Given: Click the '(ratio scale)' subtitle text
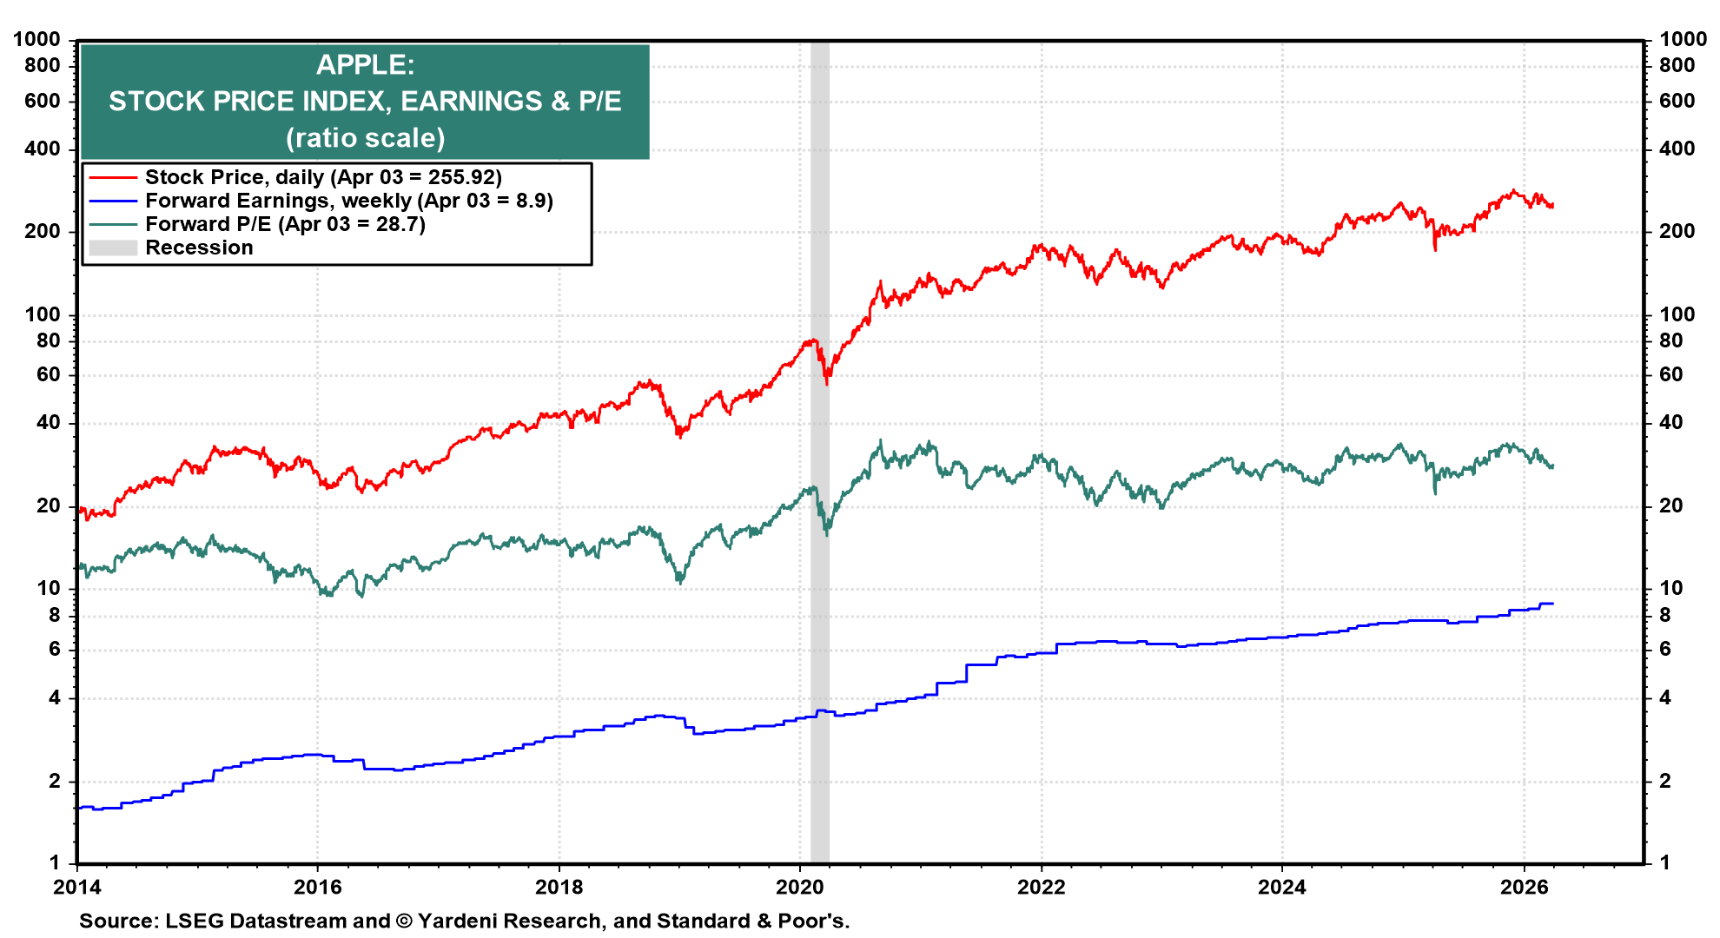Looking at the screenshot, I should tap(365, 138).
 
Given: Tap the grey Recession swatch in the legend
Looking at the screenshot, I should tap(113, 248).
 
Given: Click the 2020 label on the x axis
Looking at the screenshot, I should tap(799, 887).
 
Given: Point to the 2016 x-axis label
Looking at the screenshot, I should tap(317, 887).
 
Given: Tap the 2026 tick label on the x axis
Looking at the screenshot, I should tap(1524, 887).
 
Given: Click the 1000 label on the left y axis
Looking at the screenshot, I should tap(36, 39).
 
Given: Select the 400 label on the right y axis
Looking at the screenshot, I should tap(1677, 149).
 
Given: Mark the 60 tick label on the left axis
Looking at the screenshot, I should tap(49, 374).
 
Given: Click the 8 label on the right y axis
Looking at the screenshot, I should tap(1665, 615).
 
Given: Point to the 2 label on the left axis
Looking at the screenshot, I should tap(55, 781).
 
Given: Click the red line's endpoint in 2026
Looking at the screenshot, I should tap(1552, 206).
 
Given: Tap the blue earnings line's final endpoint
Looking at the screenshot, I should tap(1552, 604).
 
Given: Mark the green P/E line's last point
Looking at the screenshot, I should tap(1552, 467).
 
